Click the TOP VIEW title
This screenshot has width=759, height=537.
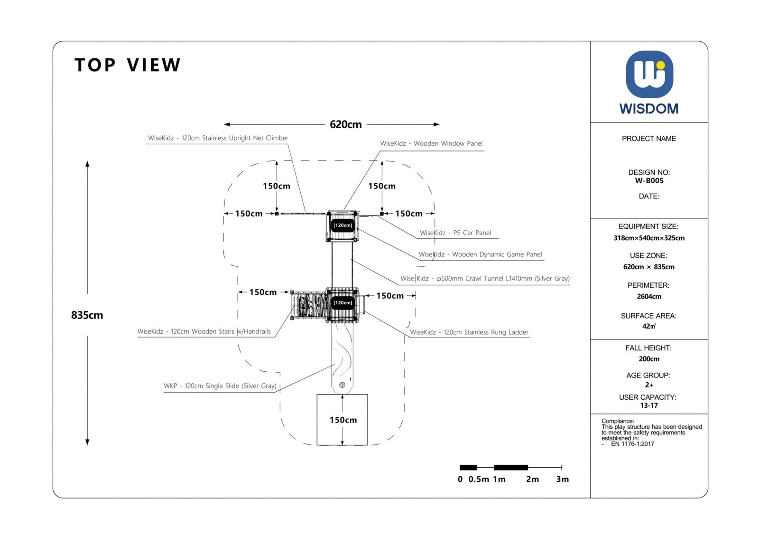tap(128, 65)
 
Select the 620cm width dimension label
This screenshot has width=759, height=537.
tap(345, 124)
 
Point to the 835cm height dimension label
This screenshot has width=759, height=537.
tap(87, 315)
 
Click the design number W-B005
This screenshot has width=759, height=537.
tap(649, 181)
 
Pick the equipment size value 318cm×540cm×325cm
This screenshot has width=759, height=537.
tap(649, 238)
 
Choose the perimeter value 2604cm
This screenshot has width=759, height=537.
tap(649, 296)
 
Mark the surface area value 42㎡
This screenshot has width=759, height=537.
tap(649, 326)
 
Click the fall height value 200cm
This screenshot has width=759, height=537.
tap(649, 359)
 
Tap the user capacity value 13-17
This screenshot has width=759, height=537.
tap(649, 405)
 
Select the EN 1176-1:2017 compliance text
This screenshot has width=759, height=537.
tap(632, 444)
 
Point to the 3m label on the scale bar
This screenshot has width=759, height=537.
tap(562, 479)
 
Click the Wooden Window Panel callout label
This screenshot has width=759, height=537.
tap(431, 143)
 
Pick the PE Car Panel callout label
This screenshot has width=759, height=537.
tap(455, 233)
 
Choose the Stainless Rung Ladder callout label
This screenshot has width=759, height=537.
tap(469, 332)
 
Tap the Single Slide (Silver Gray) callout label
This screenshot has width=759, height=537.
tap(220, 386)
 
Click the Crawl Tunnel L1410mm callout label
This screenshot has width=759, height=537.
tap(485, 279)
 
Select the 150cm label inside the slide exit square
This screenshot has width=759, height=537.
tap(343, 420)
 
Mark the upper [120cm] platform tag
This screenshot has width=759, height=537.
tap(342, 225)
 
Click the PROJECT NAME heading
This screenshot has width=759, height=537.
tap(649, 139)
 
